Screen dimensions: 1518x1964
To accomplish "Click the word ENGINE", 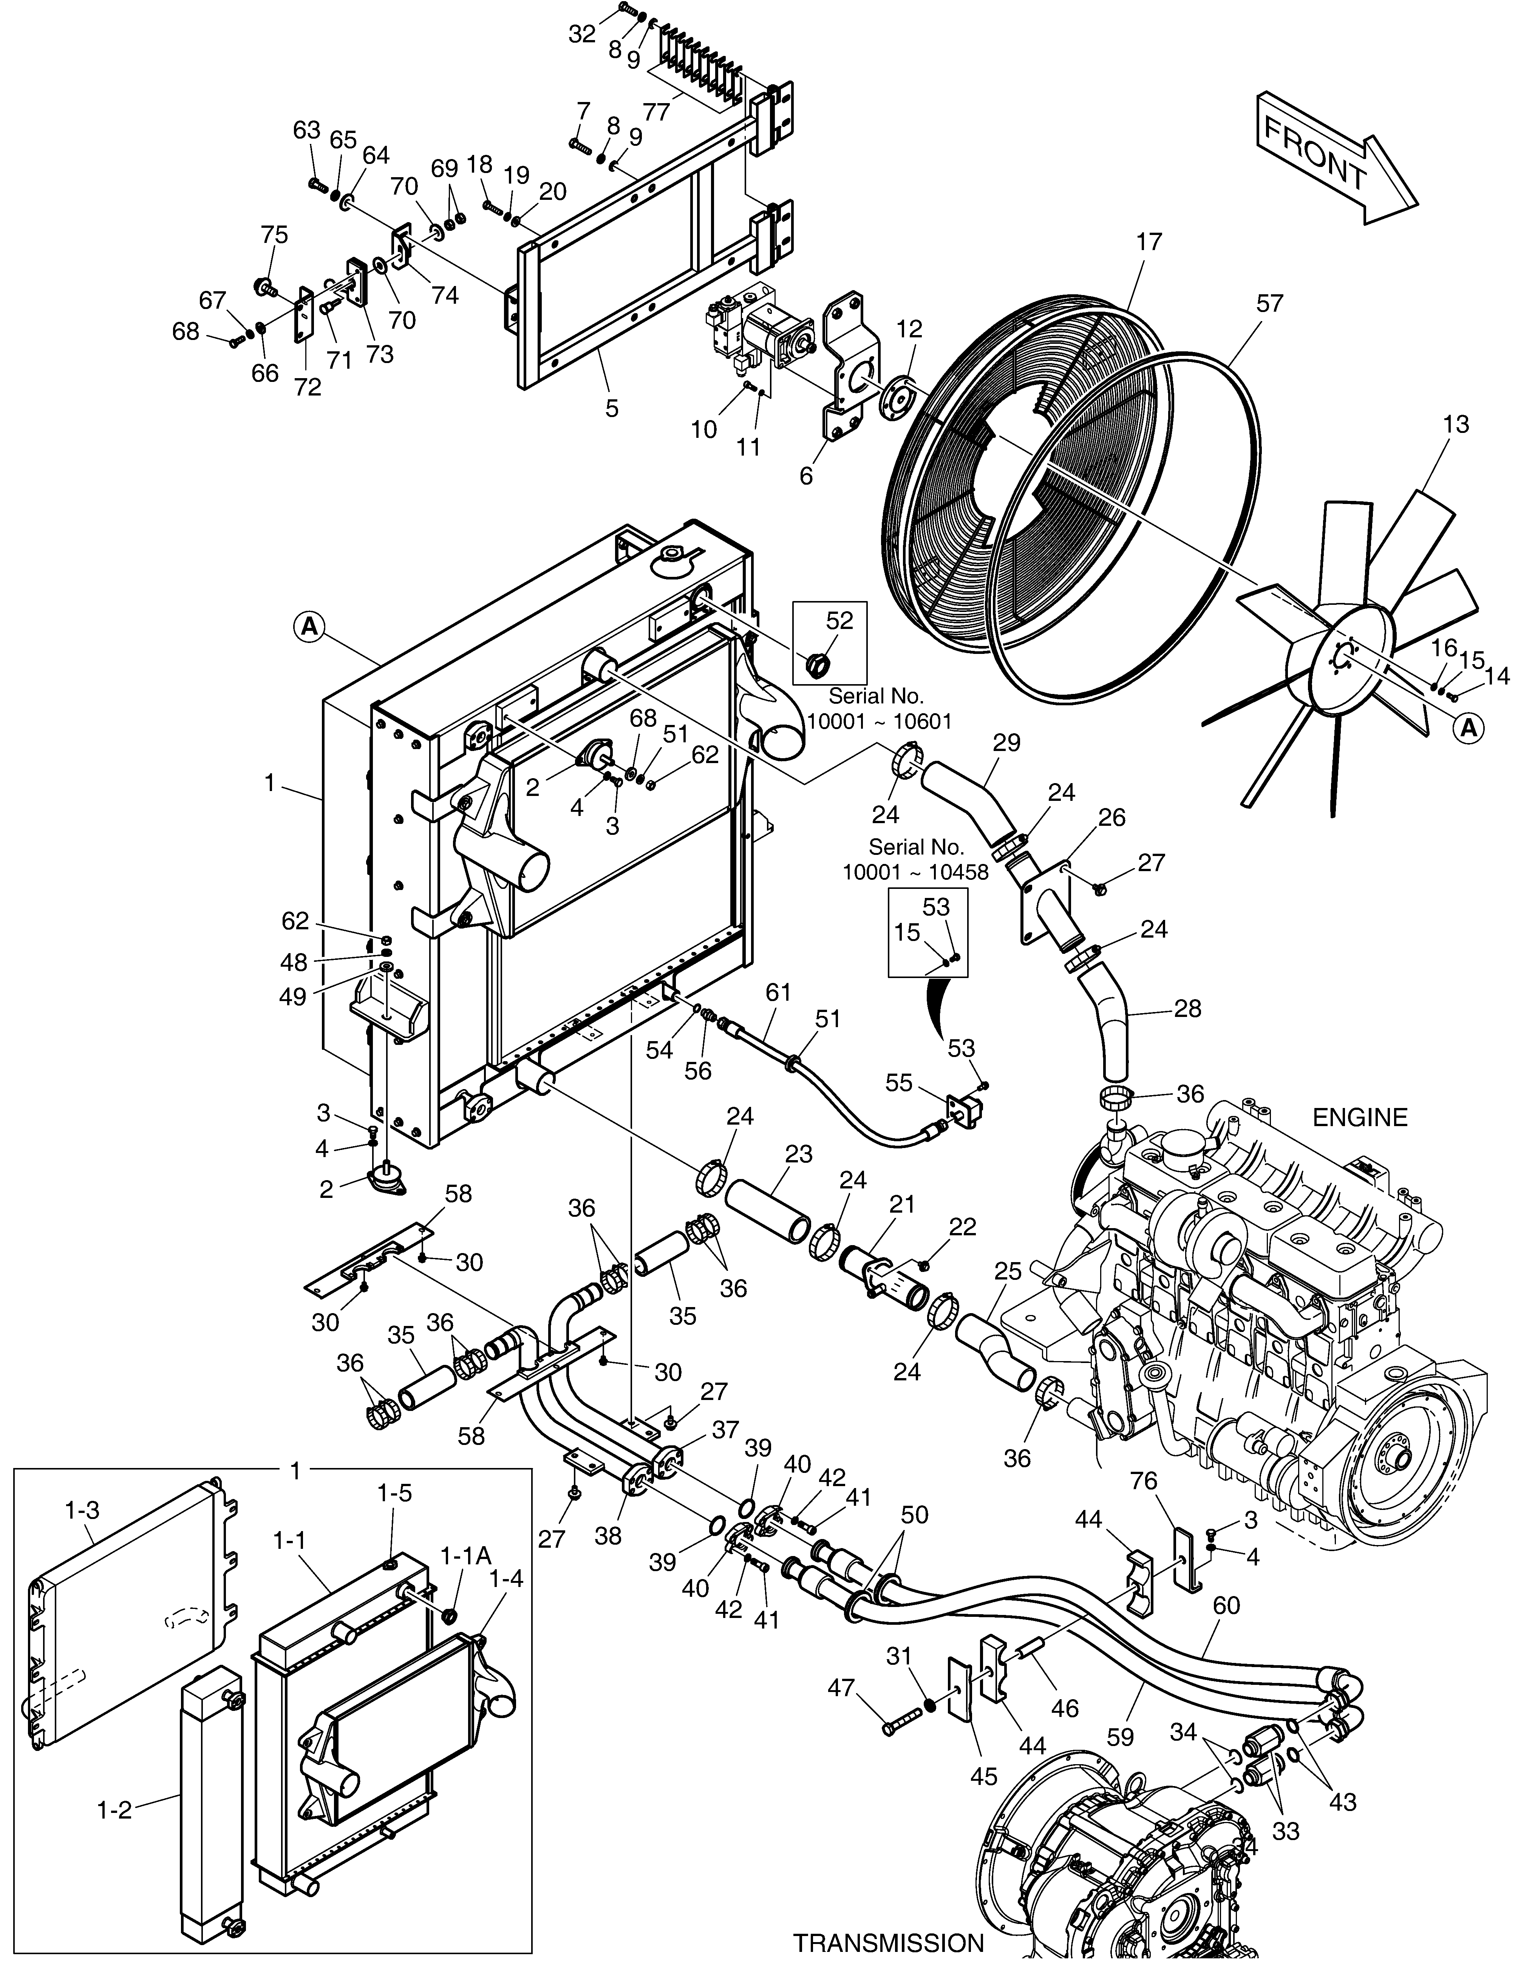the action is coord(1360,1118).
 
